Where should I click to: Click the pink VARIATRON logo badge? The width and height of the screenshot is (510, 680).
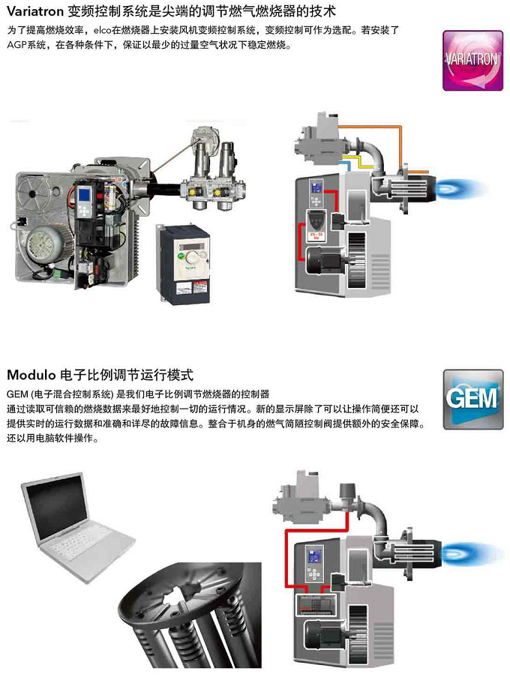[472, 60]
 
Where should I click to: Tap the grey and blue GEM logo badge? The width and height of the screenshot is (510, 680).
[473, 399]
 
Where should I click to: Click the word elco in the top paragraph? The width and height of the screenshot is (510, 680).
[102, 30]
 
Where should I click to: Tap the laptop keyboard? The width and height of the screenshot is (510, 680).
[86, 544]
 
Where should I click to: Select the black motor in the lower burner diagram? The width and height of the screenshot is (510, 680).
[323, 635]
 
